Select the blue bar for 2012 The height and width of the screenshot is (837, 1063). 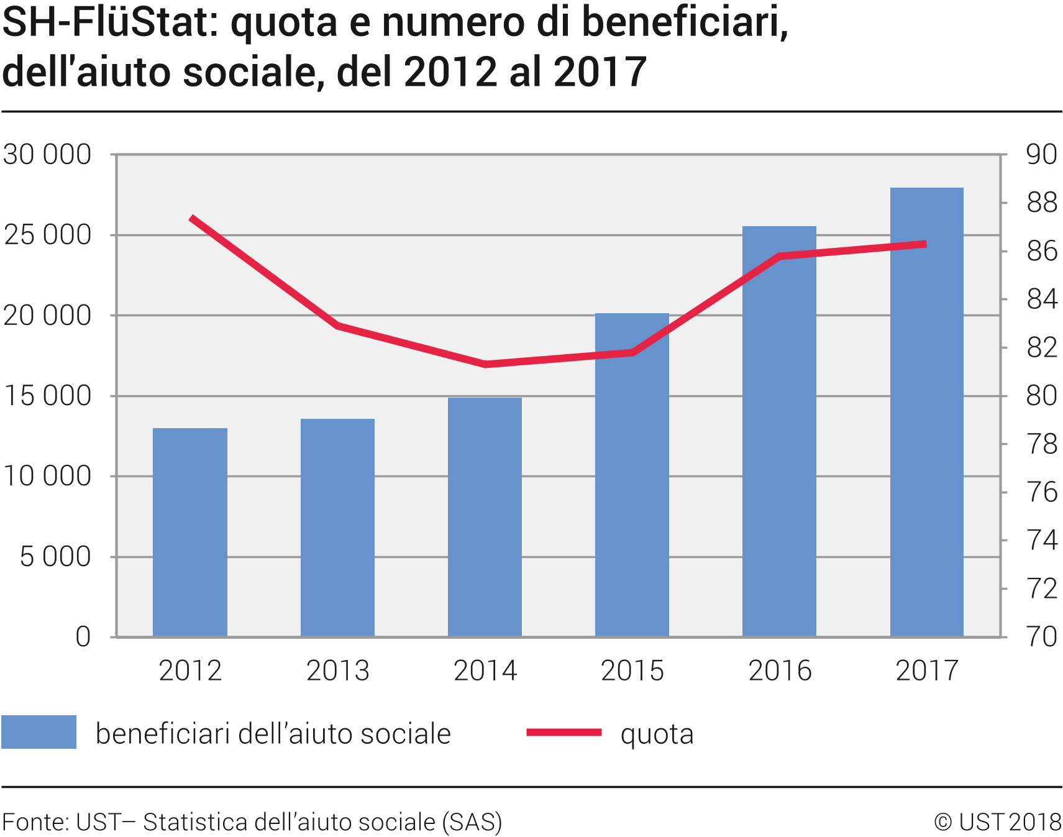[x=190, y=532]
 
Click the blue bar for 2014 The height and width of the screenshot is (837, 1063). [x=485, y=517]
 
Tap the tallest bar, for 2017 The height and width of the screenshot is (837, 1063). [x=926, y=412]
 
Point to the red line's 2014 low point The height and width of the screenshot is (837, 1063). [x=485, y=364]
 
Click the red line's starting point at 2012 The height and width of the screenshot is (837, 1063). [x=191, y=218]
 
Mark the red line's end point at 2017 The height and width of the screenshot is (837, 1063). [x=926, y=244]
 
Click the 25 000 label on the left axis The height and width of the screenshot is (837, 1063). [x=47, y=235]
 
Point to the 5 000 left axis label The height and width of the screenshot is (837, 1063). [x=55, y=557]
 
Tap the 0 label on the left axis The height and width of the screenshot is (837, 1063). [x=83, y=637]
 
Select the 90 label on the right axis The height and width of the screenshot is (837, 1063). [x=1041, y=154]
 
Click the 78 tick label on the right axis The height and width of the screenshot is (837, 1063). [x=1041, y=444]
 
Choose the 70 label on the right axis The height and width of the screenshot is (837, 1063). [x=1041, y=637]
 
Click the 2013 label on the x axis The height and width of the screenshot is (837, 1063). [x=337, y=670]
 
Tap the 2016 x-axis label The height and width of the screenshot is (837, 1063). [x=780, y=670]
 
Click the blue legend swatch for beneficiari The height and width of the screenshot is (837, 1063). [x=39, y=732]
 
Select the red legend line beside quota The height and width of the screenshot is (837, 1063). [x=563, y=733]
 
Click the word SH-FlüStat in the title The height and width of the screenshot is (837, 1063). [x=110, y=23]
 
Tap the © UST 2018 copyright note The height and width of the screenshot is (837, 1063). [x=997, y=822]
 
